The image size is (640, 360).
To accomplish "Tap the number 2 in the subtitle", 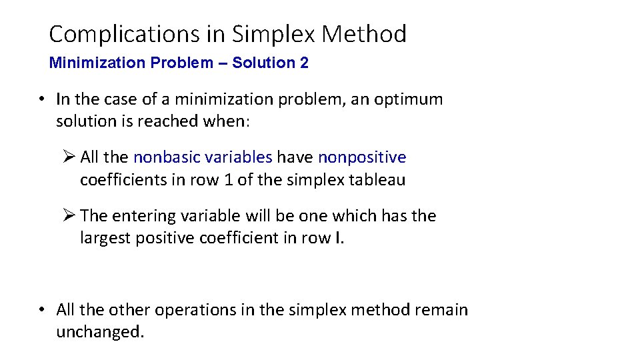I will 304,63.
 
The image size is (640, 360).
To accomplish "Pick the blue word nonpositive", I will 362,157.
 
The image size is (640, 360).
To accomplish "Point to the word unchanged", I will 100,332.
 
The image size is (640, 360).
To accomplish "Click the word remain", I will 441,310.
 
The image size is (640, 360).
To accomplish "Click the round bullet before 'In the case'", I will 41,100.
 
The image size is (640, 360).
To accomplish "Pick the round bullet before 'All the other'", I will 41,310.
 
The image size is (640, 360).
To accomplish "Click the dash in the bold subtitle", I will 222,63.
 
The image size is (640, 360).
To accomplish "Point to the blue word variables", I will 239,157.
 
